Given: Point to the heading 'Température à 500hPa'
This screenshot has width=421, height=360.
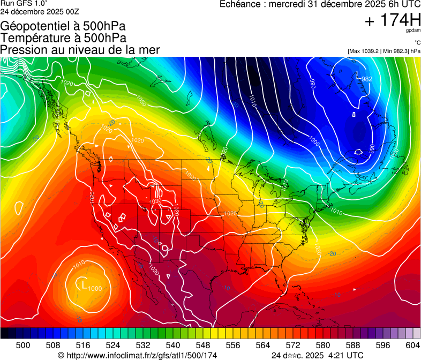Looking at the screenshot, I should point(64,37).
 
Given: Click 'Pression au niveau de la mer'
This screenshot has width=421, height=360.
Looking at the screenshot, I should point(80,50).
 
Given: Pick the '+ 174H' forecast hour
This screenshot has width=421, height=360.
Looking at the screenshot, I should point(392,20).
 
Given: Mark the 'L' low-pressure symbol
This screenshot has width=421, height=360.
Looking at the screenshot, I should point(84,284).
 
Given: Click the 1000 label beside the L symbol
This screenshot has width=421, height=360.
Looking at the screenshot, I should point(95,288).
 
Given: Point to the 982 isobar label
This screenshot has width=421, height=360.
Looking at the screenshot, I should point(367,79).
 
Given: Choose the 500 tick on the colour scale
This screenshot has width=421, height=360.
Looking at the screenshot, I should point(23,344).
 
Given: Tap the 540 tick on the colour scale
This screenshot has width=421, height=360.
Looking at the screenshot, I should point(173,344).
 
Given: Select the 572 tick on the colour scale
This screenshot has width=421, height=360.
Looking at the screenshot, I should point(293,344).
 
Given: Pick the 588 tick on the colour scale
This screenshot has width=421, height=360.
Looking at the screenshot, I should point(353,344).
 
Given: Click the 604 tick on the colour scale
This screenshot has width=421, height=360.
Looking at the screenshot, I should point(413,344).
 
